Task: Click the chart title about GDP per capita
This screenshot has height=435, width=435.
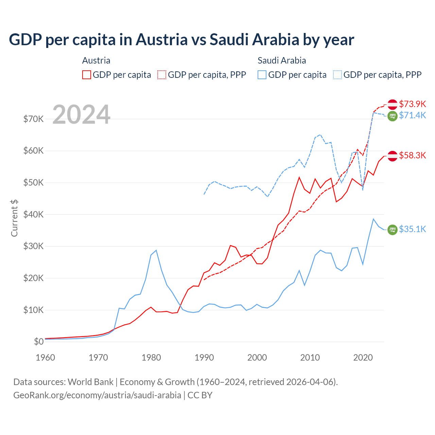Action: [x=181, y=39]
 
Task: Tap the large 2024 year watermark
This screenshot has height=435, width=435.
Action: [x=82, y=115]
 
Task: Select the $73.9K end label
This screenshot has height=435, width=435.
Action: [x=412, y=104]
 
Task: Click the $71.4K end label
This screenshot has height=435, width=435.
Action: [x=412, y=115]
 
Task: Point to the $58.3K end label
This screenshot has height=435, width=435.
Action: [x=412, y=155]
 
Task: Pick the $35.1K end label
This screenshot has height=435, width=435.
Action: [x=412, y=229]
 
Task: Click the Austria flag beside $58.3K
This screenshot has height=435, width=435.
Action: [x=393, y=156]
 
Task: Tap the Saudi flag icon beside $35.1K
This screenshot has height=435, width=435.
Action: [x=393, y=230]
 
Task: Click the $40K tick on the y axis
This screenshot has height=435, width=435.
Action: [x=33, y=214]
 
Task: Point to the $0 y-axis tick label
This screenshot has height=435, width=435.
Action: [x=39, y=342]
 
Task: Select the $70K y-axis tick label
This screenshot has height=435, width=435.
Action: [x=33, y=119]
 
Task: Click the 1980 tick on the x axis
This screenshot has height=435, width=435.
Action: [x=151, y=358]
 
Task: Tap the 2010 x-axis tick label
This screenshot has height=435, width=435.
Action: [x=310, y=358]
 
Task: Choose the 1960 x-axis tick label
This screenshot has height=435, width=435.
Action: [x=45, y=358]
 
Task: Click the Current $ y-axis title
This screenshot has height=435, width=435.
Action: [x=14, y=218]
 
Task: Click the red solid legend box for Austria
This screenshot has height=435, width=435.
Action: [x=87, y=75]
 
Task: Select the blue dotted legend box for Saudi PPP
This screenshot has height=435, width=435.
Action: [x=337, y=75]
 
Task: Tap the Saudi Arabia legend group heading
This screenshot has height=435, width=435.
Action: [x=282, y=60]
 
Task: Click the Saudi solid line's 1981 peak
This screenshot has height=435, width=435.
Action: [x=156, y=250]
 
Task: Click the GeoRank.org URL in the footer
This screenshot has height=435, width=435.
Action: [x=97, y=395]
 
